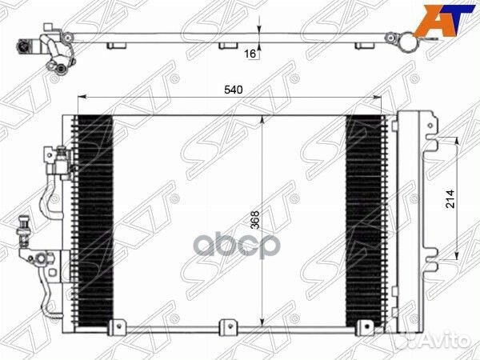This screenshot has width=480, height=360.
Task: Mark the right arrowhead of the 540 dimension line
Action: click(x=384, y=98)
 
